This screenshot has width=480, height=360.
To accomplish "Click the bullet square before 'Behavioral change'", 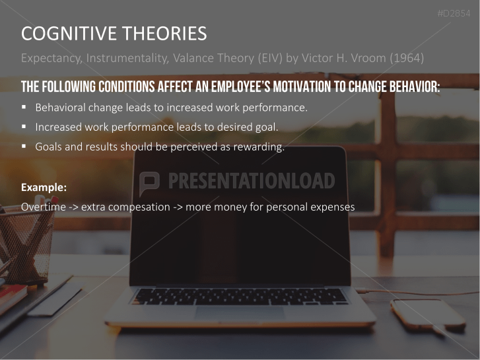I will coord(24,106).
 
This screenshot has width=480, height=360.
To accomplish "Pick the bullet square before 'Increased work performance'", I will coord(24,127).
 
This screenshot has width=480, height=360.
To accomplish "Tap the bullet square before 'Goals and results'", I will coord(24,147).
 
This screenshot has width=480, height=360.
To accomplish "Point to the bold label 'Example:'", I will coord(44,187).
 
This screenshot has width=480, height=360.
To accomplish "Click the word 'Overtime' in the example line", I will coord(43,207).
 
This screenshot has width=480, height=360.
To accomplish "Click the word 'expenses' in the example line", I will coord(332,207).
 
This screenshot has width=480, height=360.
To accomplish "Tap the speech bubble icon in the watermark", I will coord(149,181).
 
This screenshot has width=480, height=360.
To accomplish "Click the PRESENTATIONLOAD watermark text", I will coord(251,181).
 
